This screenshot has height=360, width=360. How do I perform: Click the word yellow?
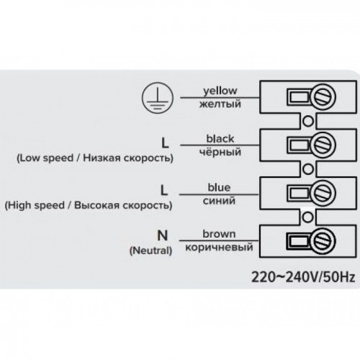220,91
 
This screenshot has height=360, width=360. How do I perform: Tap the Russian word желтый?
220,104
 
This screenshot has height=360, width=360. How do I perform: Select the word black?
220,138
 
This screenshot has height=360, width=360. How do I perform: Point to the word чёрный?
220,152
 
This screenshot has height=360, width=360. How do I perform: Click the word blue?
219,187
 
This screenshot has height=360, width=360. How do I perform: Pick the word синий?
219,200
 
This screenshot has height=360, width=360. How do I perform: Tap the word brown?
219,234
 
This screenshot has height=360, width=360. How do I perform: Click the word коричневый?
219,247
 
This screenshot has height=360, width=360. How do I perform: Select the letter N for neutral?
163,235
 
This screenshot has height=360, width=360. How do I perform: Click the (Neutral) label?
151,251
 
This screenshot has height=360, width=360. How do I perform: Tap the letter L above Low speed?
165,143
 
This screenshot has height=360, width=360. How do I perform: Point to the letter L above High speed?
164,190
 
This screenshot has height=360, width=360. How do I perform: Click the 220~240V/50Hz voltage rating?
303,277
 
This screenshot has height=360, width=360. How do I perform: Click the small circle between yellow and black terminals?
308,121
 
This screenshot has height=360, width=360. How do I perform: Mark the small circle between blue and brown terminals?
307,217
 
